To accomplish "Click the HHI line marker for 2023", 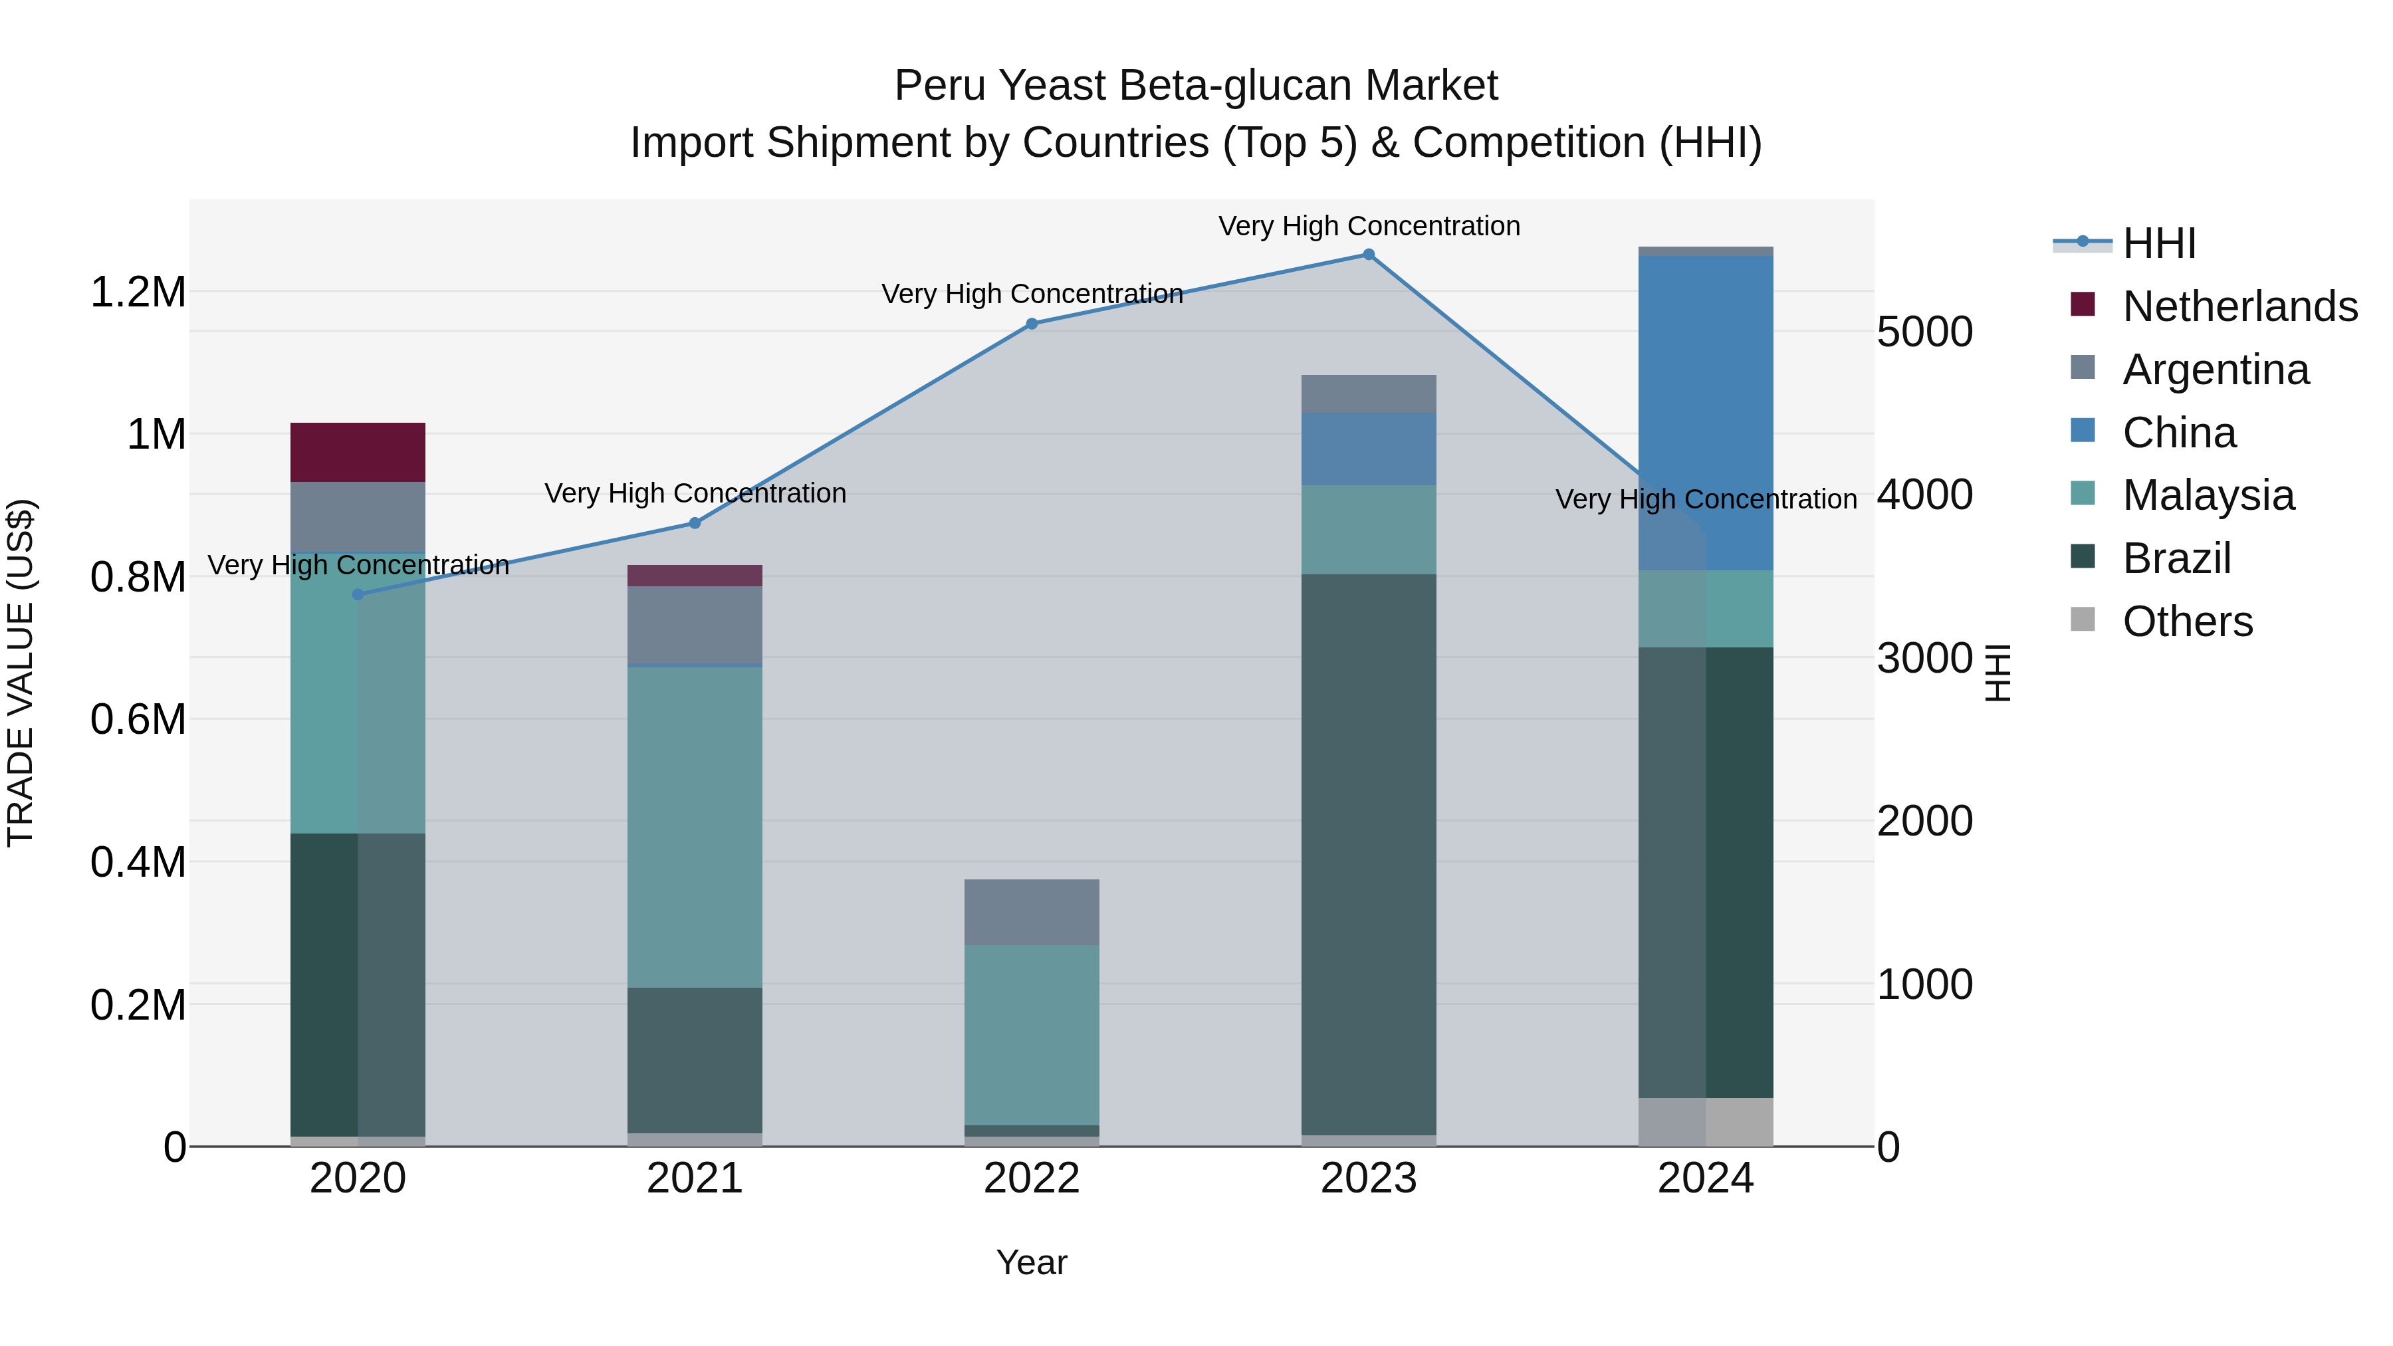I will click(1369, 255).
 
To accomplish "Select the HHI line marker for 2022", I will click(1031, 324).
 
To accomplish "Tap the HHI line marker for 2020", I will click(358, 594).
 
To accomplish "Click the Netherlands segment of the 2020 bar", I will click(358, 453).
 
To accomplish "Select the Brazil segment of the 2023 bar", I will click(1369, 855).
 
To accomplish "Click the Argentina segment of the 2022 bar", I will click(1031, 912).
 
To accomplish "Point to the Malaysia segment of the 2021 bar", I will click(695, 827).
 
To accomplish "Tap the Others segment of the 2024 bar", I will click(1706, 1122).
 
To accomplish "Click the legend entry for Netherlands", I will click(2239, 306).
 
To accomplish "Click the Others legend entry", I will click(2188, 621).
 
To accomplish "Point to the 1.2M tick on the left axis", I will click(138, 292).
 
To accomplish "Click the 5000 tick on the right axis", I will click(1925, 332).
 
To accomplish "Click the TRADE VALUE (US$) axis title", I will click(21, 673).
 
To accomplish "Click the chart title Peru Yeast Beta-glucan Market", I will click(1196, 86).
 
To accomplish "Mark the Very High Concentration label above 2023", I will click(1369, 226).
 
